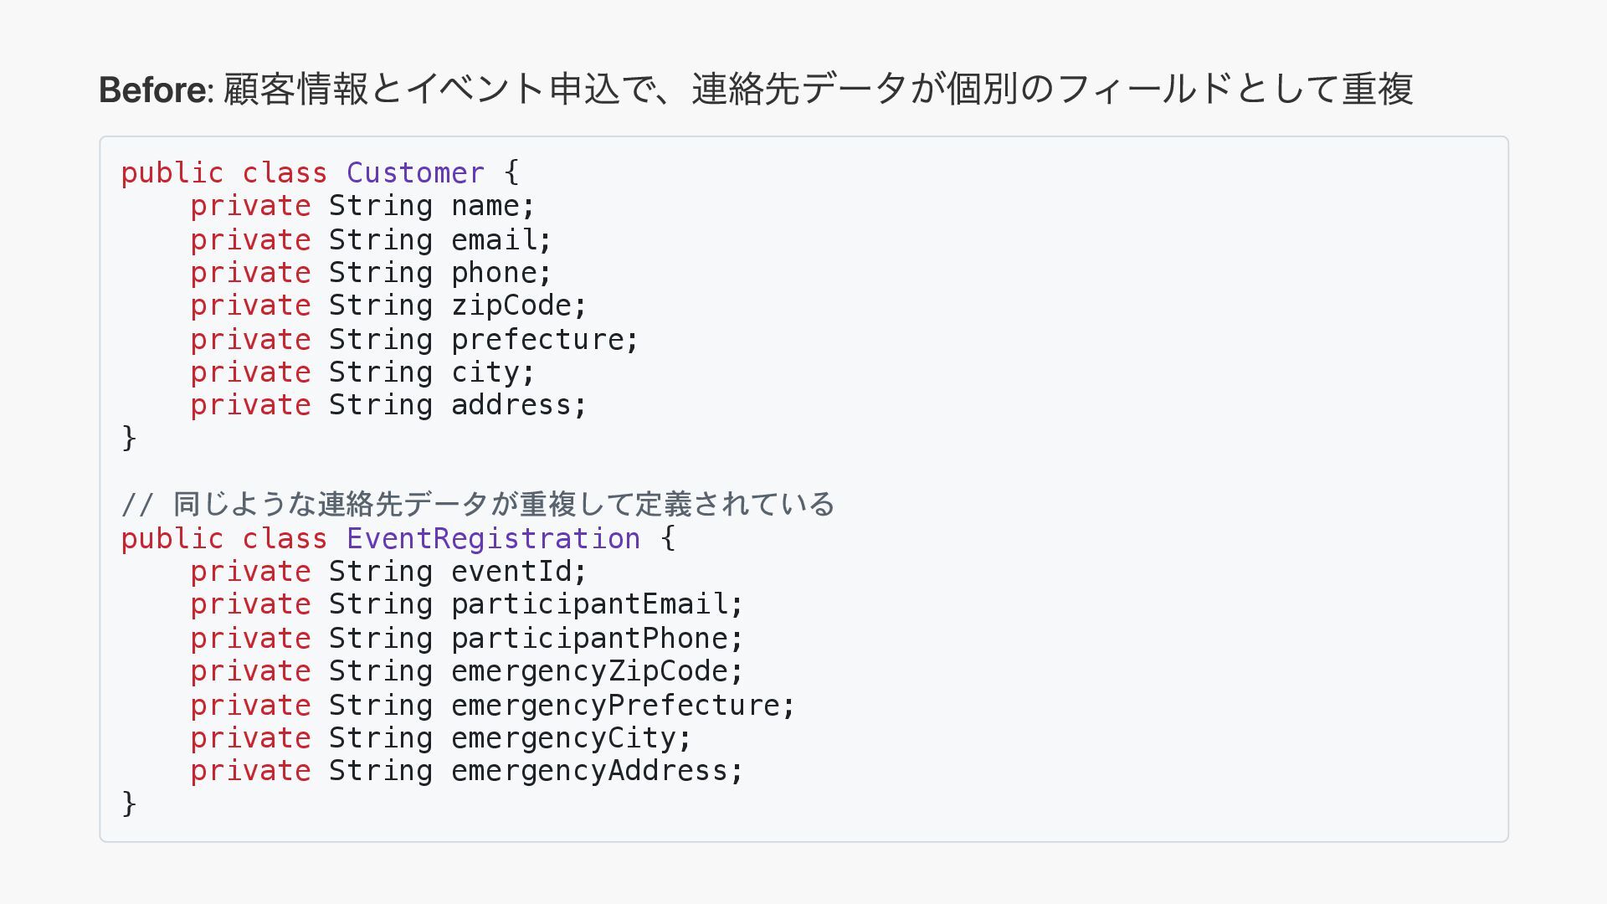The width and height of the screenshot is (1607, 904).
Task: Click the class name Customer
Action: [415, 173]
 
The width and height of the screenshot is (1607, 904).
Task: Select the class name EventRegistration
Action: [493, 538]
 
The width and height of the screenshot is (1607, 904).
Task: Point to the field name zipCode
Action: [511, 306]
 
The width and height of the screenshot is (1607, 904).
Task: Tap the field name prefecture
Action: [537, 340]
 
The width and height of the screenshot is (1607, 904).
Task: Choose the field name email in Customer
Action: [494, 240]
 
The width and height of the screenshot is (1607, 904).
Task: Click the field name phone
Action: [494, 273]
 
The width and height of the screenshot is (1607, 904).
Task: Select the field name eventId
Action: [511, 572]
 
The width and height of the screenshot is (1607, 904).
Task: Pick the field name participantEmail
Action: [589, 604]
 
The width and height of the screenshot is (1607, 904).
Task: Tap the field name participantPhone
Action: [589, 639]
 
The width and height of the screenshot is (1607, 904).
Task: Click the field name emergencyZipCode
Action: [589, 671]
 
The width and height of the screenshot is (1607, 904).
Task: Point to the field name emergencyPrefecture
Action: [615, 706]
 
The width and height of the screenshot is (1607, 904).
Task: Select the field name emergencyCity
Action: [563, 738]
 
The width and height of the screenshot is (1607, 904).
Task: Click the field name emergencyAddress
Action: [589, 771]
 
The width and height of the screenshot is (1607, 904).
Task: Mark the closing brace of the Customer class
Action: [129, 438]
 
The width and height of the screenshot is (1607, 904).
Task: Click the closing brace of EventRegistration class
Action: [129, 804]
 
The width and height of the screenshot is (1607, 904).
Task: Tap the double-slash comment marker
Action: [137, 505]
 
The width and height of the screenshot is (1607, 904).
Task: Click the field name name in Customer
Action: [485, 206]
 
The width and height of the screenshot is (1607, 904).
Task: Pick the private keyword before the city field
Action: [250, 372]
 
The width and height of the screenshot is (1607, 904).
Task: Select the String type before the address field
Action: [380, 405]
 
